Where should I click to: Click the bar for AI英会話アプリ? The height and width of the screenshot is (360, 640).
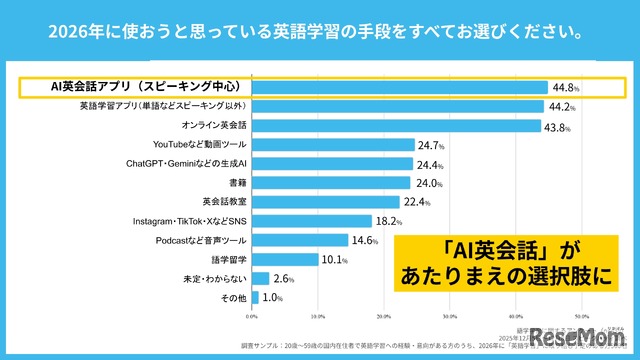point(400,88)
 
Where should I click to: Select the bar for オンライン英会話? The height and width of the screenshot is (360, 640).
point(397,126)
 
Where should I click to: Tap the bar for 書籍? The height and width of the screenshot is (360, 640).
point(331,183)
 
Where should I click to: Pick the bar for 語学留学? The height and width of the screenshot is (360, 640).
point(285,259)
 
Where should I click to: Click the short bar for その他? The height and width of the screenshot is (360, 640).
point(256,297)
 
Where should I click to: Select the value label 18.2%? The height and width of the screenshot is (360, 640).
point(389,221)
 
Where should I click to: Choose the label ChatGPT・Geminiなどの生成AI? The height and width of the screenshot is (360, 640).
point(186,164)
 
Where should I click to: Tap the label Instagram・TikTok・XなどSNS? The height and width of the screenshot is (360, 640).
point(189,221)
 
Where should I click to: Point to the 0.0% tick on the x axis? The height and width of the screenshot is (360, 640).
point(252,314)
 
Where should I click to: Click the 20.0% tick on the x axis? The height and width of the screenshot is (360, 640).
point(384,314)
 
